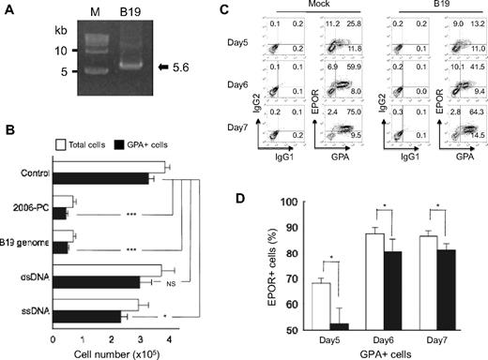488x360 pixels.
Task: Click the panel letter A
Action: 8,11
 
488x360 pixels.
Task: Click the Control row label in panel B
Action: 33,172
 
